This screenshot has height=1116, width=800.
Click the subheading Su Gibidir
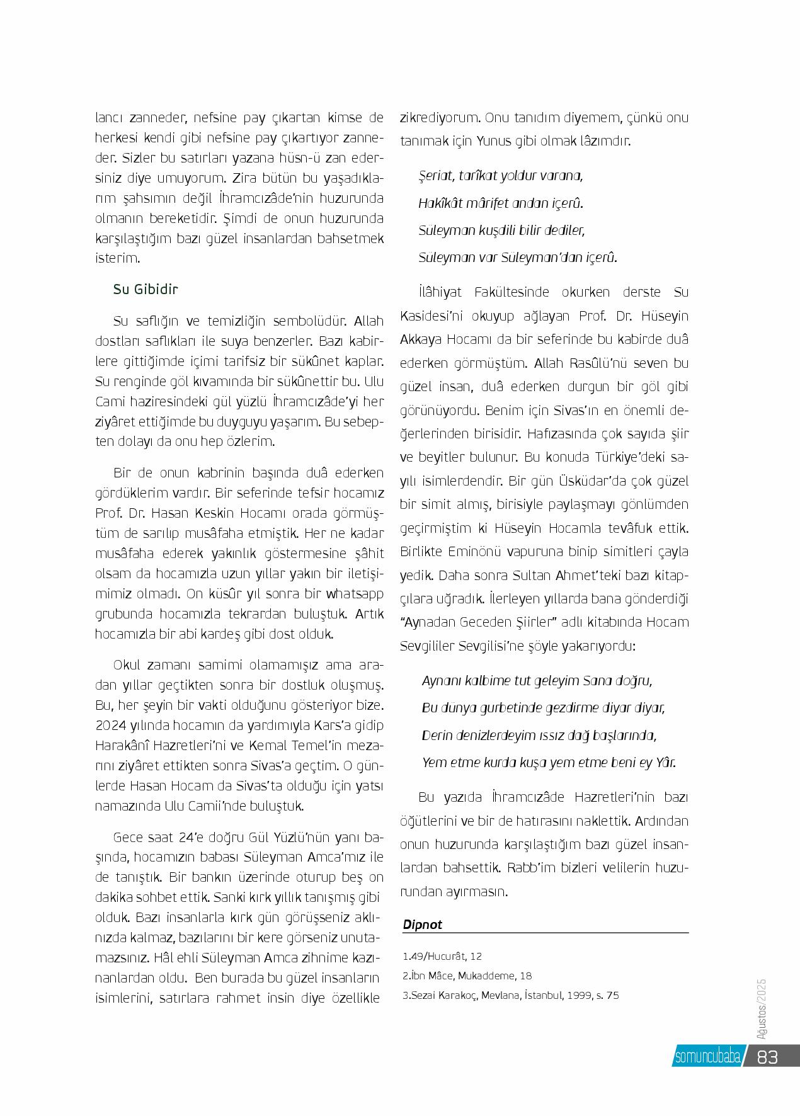[146, 290]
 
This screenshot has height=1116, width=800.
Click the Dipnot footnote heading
[423, 925]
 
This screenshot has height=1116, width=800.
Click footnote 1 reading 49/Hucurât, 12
[442, 956]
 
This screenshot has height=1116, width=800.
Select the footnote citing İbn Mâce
[467, 976]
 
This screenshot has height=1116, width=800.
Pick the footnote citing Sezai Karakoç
[511, 996]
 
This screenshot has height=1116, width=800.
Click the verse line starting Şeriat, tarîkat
[501, 176]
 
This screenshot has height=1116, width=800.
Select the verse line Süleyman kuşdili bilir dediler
[502, 231]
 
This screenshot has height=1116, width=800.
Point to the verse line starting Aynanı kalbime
[537, 681]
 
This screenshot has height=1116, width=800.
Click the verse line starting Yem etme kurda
[549, 763]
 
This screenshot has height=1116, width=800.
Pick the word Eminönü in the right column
[489, 552]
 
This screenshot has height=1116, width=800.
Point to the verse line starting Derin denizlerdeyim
[539, 736]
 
